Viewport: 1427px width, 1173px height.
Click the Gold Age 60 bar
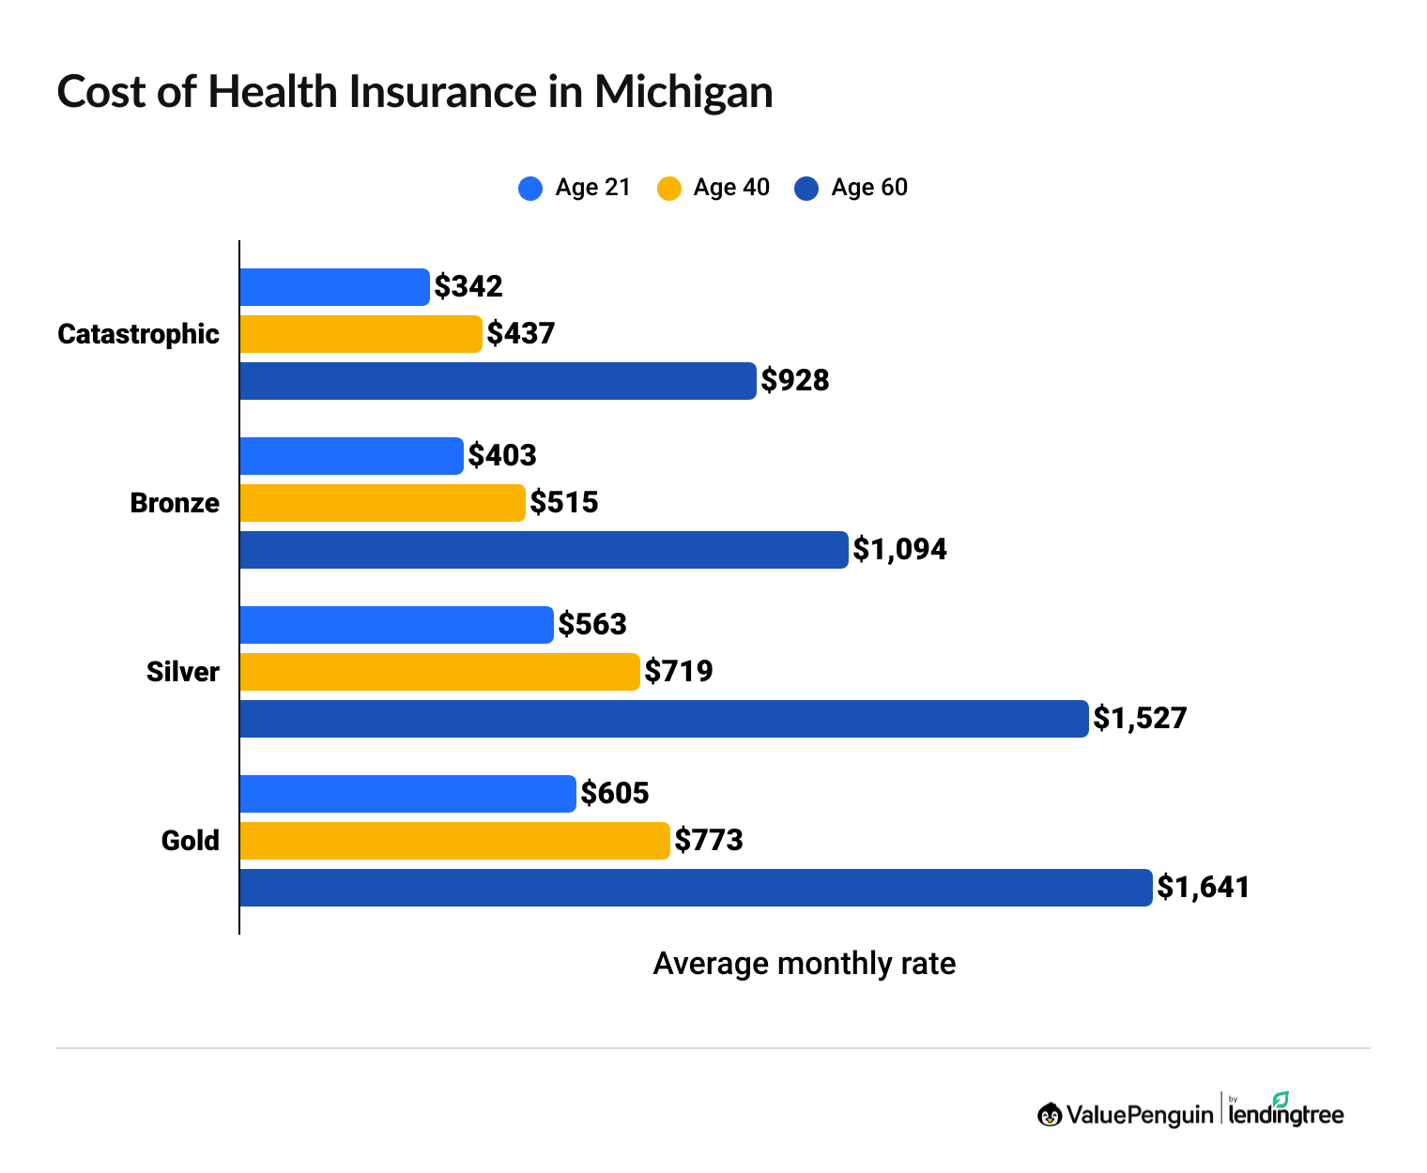[695, 888]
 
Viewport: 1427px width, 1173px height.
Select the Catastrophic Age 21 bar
[334, 287]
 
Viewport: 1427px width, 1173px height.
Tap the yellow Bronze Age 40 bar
[382, 503]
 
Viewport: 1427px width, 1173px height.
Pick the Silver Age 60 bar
[664, 719]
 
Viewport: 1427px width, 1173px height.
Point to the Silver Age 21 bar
[396, 625]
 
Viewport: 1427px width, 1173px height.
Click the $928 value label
[795, 381]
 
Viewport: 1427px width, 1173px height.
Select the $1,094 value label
[899, 550]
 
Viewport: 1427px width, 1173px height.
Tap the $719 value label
[679, 672]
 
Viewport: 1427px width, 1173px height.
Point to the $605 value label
[615, 794]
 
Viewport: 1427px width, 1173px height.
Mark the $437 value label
[521, 334]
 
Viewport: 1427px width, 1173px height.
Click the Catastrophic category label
[138, 334]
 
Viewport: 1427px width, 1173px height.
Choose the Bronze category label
[175, 503]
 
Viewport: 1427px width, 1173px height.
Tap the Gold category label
[190, 841]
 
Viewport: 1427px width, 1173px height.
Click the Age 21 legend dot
[530, 189]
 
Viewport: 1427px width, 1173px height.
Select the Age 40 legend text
[731, 188]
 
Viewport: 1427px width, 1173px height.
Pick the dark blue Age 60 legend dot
[806, 189]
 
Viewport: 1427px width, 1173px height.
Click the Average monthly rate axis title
[804, 964]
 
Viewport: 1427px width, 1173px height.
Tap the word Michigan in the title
[683, 92]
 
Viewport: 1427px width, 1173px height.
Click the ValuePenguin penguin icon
[1050, 1114]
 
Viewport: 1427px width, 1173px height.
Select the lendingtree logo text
[1286, 1114]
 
